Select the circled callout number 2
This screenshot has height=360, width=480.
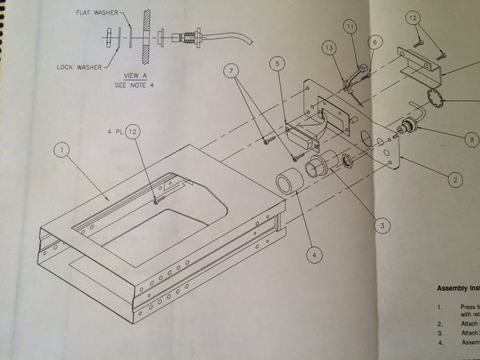tap(454, 180)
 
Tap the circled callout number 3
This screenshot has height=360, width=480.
tap(384, 226)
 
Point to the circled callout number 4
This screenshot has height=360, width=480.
tap(315, 255)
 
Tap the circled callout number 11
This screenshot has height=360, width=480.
tap(349, 28)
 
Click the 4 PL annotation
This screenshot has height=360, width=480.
tap(112, 130)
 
